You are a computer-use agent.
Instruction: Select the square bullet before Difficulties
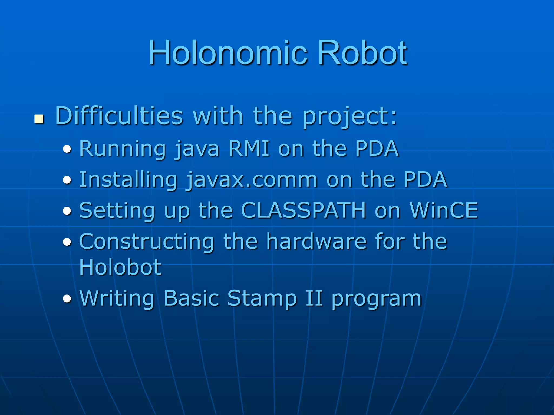[x=39, y=119]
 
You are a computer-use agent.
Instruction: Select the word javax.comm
[x=252, y=180]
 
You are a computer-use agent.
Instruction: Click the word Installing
[x=128, y=180]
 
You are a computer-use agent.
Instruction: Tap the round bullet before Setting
[x=67, y=211]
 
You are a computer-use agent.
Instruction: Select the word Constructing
[x=146, y=242]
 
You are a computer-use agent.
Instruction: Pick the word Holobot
[x=120, y=267]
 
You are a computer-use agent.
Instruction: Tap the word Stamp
[x=262, y=298]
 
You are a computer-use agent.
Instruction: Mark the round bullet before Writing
[x=67, y=299]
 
